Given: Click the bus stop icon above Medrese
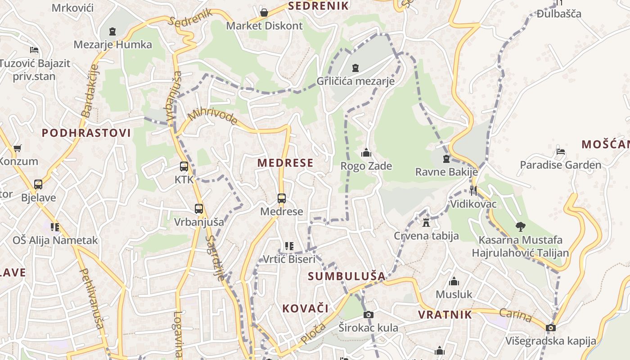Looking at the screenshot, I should [x=282, y=198].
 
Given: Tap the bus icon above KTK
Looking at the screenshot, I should [x=184, y=166].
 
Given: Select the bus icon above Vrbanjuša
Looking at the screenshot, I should [x=199, y=209].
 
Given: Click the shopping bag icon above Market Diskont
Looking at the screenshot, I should [x=264, y=12].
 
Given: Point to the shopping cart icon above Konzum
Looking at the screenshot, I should [x=18, y=148].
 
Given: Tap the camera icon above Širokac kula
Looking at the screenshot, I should [x=368, y=315].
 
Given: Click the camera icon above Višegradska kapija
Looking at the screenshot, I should [x=550, y=328].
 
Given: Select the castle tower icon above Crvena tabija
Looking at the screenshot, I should [x=426, y=222].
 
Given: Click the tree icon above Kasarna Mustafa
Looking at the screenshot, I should [x=520, y=226].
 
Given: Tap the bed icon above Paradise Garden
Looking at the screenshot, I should [x=561, y=152].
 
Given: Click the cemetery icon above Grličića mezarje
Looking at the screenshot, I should [x=355, y=68].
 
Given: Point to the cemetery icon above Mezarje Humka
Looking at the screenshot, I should [x=112, y=31].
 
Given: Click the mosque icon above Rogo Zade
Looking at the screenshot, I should [x=366, y=153].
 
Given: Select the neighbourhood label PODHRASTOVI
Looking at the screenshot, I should [x=86, y=133].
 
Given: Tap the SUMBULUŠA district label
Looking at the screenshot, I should [x=346, y=276].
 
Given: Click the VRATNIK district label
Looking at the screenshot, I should [x=445, y=315].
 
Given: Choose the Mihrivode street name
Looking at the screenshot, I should [x=212, y=117].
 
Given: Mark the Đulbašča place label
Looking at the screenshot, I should [x=559, y=13].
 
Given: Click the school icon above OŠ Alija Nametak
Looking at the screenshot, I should [x=55, y=227].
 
